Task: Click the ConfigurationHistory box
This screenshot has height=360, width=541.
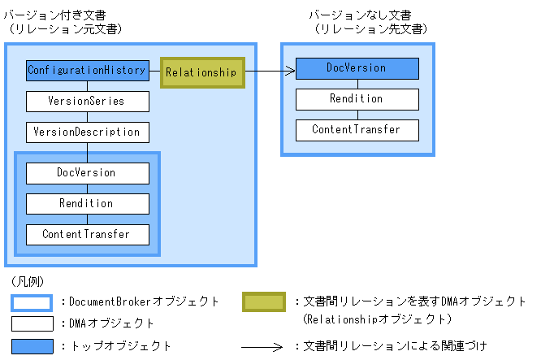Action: click(x=88, y=71)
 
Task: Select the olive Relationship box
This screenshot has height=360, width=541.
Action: click(x=202, y=72)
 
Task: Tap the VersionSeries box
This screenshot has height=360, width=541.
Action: click(x=88, y=102)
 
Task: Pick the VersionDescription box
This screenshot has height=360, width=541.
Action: click(x=88, y=132)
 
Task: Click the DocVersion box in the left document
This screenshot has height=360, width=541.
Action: click(x=88, y=173)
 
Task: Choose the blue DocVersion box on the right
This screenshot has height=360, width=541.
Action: click(x=357, y=68)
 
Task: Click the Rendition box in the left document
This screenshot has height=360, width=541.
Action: click(x=88, y=204)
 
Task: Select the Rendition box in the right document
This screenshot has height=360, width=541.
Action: click(x=357, y=99)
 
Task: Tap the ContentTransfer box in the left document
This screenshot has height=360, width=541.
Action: click(x=88, y=235)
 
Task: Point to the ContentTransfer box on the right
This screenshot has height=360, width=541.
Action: click(x=357, y=130)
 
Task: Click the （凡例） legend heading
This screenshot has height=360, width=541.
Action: click(x=28, y=282)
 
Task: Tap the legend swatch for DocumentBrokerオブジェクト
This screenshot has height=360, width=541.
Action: click(x=32, y=302)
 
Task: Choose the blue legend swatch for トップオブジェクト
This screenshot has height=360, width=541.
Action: click(x=32, y=346)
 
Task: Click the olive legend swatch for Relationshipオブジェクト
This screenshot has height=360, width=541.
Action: click(x=264, y=302)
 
